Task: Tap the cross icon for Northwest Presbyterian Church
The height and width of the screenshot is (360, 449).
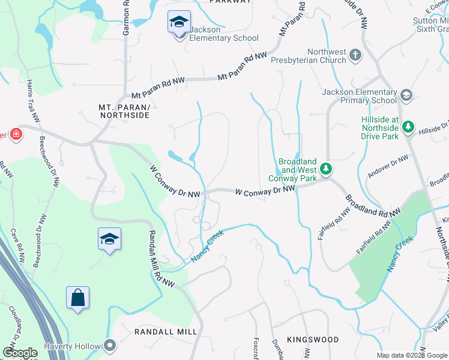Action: coord(355,55)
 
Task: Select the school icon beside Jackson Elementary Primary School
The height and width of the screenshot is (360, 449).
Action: coord(406,95)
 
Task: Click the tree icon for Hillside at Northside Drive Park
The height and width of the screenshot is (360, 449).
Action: coord(408,127)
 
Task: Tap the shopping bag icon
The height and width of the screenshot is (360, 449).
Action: coord(78,298)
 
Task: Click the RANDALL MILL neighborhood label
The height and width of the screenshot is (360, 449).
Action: coord(157,332)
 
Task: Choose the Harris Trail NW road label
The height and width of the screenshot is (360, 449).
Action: coord(32,101)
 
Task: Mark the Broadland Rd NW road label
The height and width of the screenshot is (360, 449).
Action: coord(372,205)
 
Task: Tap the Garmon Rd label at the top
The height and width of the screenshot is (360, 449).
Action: coord(126,18)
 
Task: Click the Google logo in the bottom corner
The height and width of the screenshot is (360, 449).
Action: coord(20,353)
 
